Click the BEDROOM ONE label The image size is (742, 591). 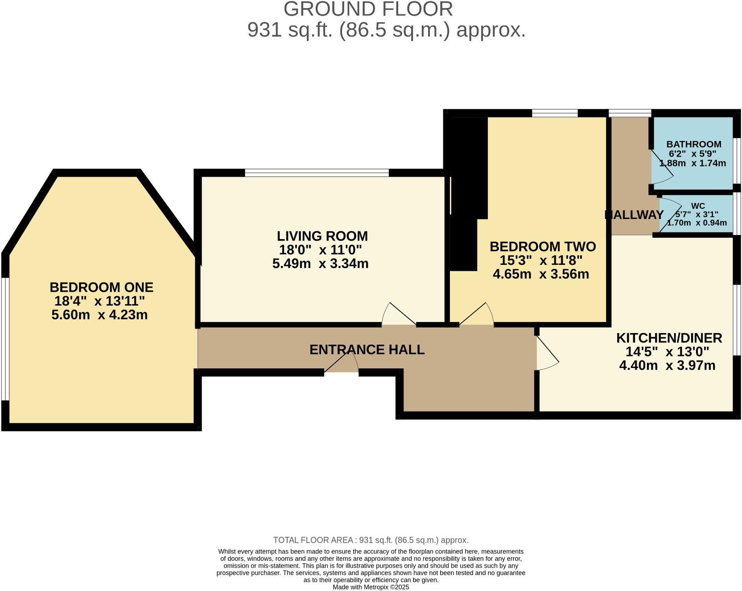pos(101,287)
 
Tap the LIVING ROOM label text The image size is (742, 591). pos(322,236)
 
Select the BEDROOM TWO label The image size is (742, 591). pos(542,246)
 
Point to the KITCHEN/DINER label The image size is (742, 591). pos(669,338)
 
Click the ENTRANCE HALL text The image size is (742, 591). pos(367,349)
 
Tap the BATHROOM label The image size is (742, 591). pos(693,144)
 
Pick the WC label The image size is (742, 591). pos(698,206)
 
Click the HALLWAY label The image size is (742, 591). pos(635,215)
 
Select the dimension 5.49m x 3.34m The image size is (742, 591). pos(320,264)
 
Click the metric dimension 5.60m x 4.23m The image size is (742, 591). pos(99,315)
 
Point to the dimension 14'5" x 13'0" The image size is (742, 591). pos(667,351)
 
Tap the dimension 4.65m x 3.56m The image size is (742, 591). pos(540,274)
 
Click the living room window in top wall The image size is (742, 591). pos(317,173)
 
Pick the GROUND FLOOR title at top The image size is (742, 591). pos(368,9)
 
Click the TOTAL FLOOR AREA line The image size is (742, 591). pos(371,540)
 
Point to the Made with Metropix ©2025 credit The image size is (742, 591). pos(371,587)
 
